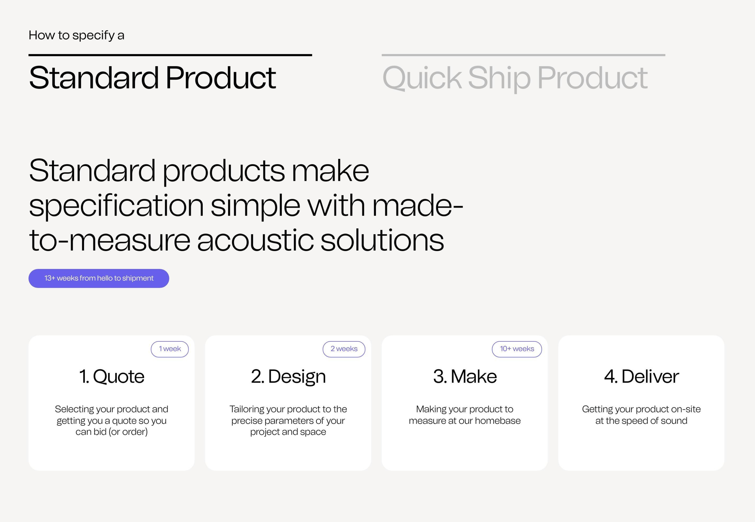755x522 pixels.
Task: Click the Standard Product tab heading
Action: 152,78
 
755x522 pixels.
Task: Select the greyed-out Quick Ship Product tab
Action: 515,78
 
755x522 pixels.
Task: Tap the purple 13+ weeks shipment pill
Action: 99,278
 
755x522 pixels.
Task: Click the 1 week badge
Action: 170,349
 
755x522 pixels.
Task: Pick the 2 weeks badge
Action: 344,349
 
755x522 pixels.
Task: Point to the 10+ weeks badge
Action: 517,349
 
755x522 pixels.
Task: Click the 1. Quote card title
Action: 112,376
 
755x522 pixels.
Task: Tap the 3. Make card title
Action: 465,376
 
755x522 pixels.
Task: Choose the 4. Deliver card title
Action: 641,376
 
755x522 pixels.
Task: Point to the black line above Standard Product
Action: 170,55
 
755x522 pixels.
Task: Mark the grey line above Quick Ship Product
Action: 524,55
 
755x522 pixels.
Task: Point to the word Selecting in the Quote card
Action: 74,410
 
